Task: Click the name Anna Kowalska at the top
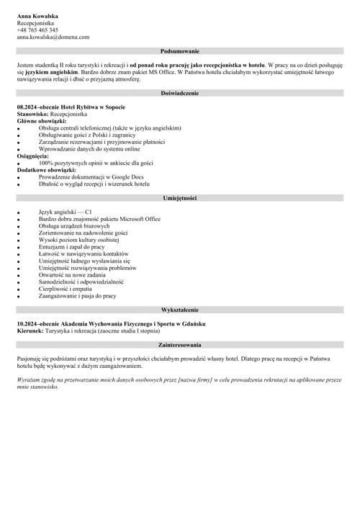click(x=37, y=15)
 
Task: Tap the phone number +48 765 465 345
click(x=37, y=30)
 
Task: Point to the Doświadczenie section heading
click(x=179, y=94)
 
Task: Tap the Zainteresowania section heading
click(x=179, y=345)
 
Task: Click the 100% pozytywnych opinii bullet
click(x=94, y=163)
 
